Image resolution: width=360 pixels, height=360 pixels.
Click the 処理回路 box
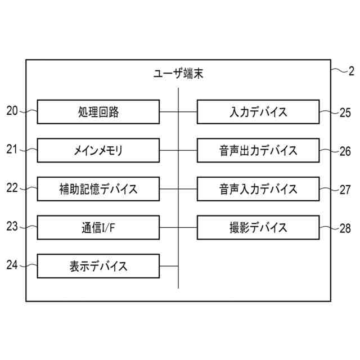98,112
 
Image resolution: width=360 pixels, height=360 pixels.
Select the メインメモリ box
98,150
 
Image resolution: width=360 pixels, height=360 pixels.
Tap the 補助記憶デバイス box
98,188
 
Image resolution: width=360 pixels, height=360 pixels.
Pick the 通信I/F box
98,227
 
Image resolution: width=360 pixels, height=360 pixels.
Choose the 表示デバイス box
98,265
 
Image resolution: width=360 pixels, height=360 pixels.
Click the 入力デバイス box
259,112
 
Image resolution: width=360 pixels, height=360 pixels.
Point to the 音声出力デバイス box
259,150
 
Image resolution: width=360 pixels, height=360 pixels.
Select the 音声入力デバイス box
259,188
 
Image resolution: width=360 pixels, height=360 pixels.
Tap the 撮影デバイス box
259,227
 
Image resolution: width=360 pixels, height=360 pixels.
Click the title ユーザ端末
178,73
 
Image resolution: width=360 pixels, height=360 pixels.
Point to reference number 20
12,111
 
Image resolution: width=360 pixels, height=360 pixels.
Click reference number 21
12,149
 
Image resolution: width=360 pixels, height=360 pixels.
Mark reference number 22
12,188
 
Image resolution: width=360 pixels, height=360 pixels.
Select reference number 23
12,226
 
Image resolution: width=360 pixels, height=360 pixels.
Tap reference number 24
12,264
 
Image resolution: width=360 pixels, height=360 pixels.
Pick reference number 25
345,112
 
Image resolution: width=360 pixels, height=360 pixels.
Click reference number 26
345,151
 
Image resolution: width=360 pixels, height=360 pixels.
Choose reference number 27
345,190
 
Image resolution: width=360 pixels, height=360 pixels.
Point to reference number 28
345,229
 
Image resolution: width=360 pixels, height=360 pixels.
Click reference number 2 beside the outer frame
352,71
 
